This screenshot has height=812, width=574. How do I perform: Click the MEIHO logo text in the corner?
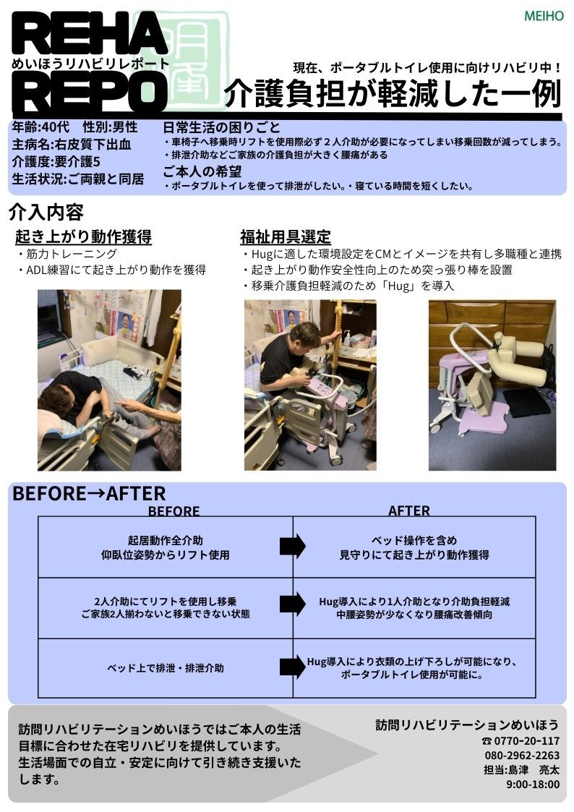544,16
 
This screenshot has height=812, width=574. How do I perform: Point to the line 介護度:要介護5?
56,161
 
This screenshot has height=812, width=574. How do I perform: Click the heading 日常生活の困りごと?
221,127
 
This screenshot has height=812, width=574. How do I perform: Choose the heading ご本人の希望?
202,171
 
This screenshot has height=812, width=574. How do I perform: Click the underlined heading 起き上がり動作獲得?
83,236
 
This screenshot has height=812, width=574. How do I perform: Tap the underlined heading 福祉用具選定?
286,237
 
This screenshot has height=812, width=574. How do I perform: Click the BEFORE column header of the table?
174,511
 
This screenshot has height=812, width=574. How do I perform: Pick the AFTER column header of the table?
409,511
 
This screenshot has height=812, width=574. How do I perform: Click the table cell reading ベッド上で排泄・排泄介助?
166,668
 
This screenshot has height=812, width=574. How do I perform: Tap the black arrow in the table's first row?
293,547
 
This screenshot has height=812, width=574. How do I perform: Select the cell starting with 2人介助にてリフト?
166,607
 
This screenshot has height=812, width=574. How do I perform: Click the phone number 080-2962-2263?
522,756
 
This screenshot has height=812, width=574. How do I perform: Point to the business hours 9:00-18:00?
533,785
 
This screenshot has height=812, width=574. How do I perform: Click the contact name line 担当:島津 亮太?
522,770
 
